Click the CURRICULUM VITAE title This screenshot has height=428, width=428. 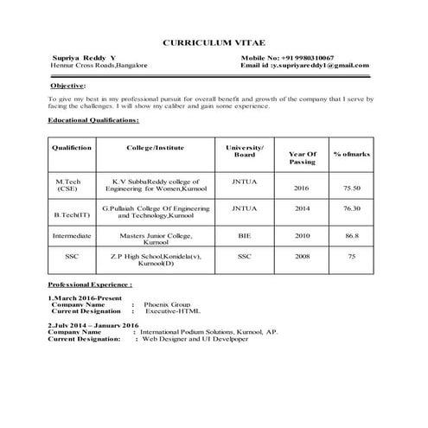[x=214, y=42]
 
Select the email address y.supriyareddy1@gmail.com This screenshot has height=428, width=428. [x=321, y=65]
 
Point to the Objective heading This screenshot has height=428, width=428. [x=67, y=86]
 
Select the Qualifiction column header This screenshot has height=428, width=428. [x=72, y=148]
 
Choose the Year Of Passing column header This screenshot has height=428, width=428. [x=303, y=157]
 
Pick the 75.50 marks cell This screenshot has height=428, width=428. [x=351, y=188]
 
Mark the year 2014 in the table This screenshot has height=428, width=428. [x=302, y=208]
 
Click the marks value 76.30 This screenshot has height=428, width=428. [x=351, y=208]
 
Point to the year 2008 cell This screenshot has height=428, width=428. [x=302, y=256]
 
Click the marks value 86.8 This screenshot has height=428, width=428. [x=351, y=234]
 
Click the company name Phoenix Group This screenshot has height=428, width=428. [x=167, y=304]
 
